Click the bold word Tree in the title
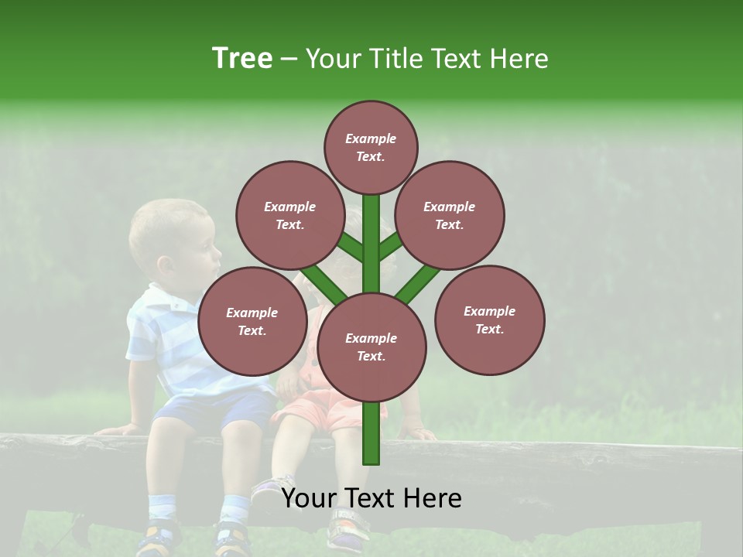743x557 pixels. pyautogui.click(x=242, y=59)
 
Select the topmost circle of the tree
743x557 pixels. pyautogui.click(x=371, y=147)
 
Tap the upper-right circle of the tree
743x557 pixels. pyautogui.click(x=450, y=215)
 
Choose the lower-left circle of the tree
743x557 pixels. pyautogui.click(x=252, y=321)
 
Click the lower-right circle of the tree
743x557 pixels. pyautogui.click(x=489, y=320)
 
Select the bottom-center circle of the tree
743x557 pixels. pyautogui.click(x=371, y=347)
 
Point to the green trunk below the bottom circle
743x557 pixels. pyautogui.click(x=371, y=433)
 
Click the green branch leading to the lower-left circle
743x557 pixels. pyautogui.click(x=324, y=285)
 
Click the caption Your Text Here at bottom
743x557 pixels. pyautogui.click(x=371, y=498)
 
